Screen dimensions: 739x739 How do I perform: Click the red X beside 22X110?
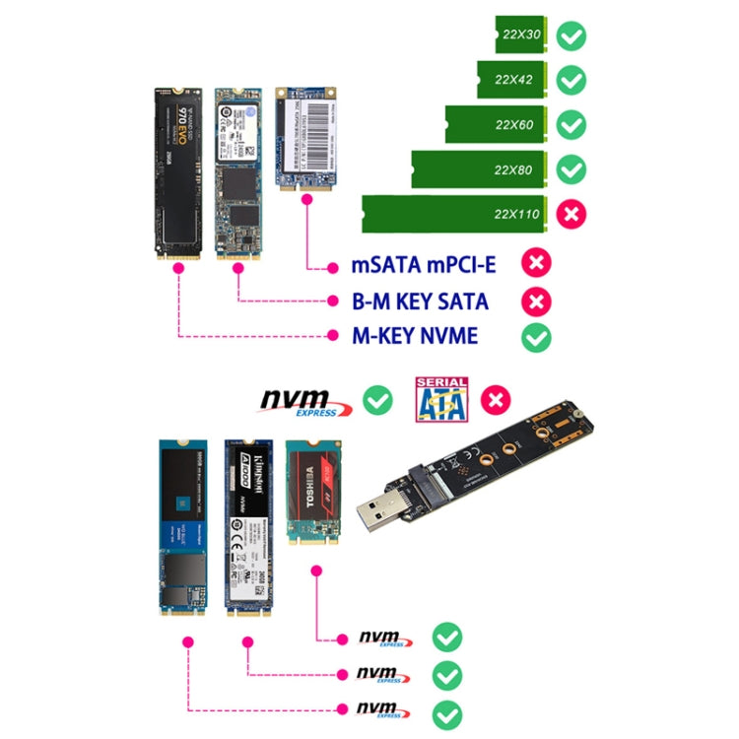tap(571, 214)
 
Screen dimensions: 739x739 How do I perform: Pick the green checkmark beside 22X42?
tap(571, 80)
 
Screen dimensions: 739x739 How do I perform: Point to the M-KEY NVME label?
tap(415, 336)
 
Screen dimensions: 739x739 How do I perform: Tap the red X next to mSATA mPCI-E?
tap(536, 263)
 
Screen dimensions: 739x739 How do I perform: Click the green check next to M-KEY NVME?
tap(536, 337)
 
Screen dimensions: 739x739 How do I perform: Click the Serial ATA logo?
tap(442, 400)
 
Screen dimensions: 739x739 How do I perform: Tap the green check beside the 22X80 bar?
tap(571, 169)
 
